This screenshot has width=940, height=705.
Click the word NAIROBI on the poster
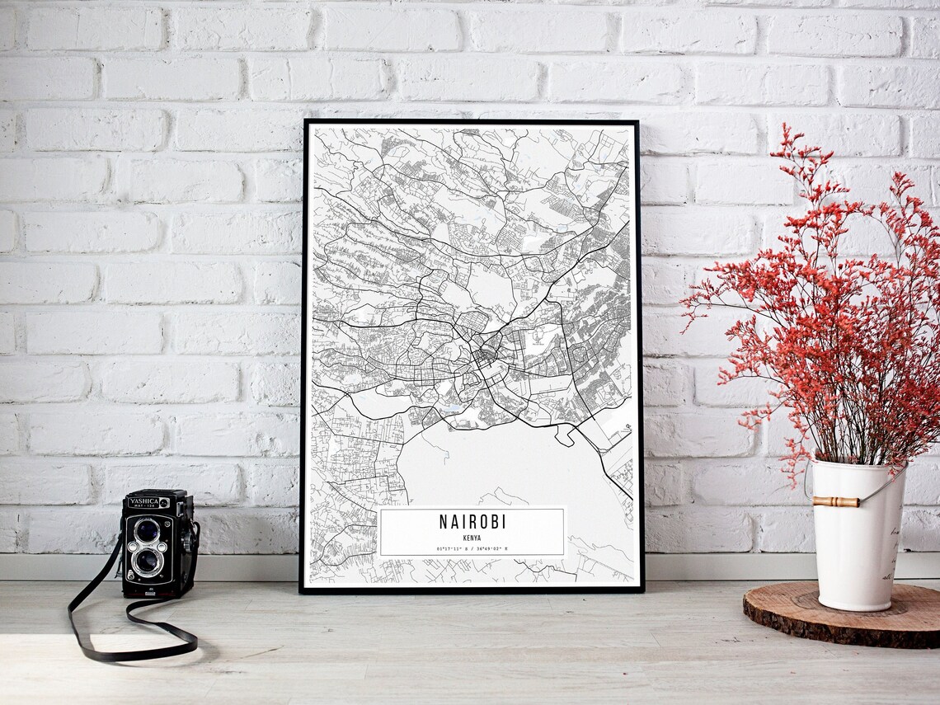[472, 522]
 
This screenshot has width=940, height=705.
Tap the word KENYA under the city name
[472, 537]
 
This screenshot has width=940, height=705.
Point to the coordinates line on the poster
[472, 548]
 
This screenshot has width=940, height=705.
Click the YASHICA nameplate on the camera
[142, 502]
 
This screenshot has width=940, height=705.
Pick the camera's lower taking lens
[148, 562]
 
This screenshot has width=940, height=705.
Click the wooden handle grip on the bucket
[835, 501]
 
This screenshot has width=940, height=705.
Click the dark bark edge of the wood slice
[833, 634]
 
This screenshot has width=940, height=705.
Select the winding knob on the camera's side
[192, 540]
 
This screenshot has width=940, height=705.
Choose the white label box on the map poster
[472, 532]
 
